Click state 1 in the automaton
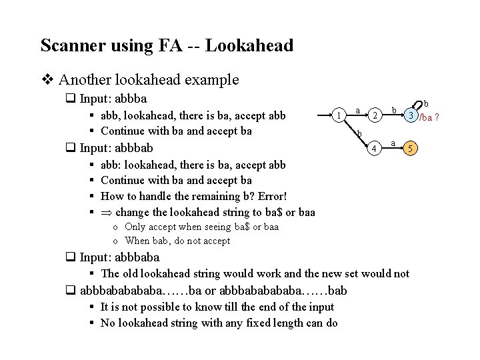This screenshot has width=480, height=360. pyautogui.click(x=341, y=115)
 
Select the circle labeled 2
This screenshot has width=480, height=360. pyautogui.click(x=376, y=115)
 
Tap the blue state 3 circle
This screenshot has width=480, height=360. pyautogui.click(x=413, y=115)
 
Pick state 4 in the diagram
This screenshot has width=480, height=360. pyautogui.click(x=376, y=147)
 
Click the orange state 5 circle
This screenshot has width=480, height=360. pyautogui.click(x=412, y=147)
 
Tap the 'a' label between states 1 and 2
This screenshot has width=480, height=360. pyautogui.click(x=358, y=109)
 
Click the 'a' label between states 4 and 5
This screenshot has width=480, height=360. pyautogui.click(x=394, y=142)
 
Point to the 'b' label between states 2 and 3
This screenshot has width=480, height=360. pyautogui.click(x=394, y=109)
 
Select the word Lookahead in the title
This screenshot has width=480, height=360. pyautogui.click(x=249, y=45)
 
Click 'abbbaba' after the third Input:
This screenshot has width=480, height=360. pyautogui.click(x=137, y=257)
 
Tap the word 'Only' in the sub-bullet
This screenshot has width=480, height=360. pyautogui.click(x=136, y=227)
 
